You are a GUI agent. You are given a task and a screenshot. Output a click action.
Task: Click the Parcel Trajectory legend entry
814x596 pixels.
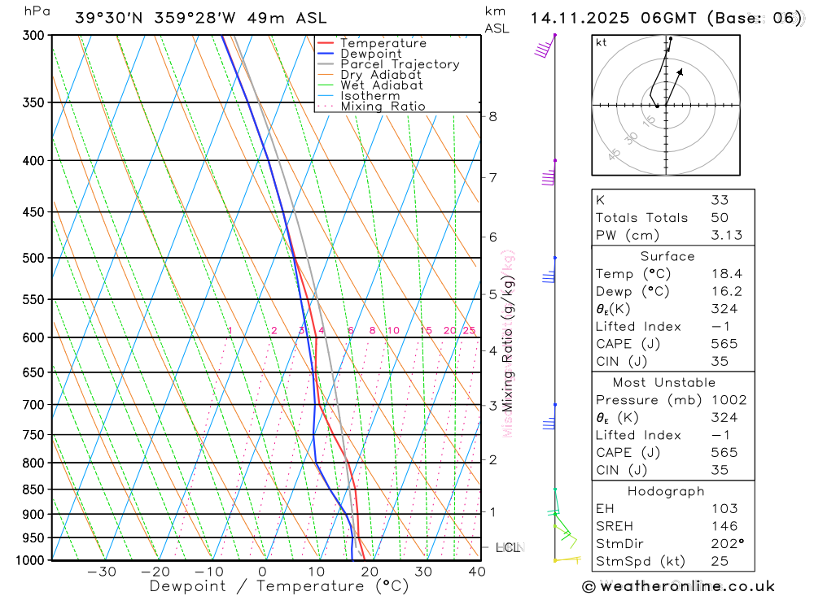click(x=400, y=64)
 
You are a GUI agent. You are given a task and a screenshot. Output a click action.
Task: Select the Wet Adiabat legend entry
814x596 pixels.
click(x=382, y=85)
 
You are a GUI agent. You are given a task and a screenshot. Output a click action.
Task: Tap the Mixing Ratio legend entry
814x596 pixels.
click(x=383, y=107)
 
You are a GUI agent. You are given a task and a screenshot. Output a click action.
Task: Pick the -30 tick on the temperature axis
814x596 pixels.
click(x=102, y=572)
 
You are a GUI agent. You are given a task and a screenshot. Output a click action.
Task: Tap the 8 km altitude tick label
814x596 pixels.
click(x=492, y=116)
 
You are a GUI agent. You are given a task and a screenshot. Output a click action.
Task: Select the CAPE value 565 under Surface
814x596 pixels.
click(x=724, y=344)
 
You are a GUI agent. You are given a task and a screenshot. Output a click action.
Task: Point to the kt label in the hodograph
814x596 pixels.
click(x=602, y=43)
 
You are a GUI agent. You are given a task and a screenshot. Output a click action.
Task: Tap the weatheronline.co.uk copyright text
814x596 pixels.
click(x=679, y=586)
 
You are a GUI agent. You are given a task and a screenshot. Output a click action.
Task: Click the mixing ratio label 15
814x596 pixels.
click(x=426, y=330)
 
